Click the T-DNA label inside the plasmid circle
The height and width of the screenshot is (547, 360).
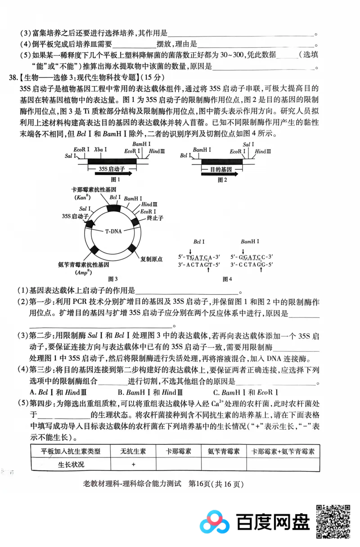[x=113, y=232]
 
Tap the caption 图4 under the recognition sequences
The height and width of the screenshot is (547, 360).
[x=227, y=279]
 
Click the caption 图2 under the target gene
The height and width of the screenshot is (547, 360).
[x=222, y=180]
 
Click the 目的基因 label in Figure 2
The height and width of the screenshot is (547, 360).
[x=220, y=169]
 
